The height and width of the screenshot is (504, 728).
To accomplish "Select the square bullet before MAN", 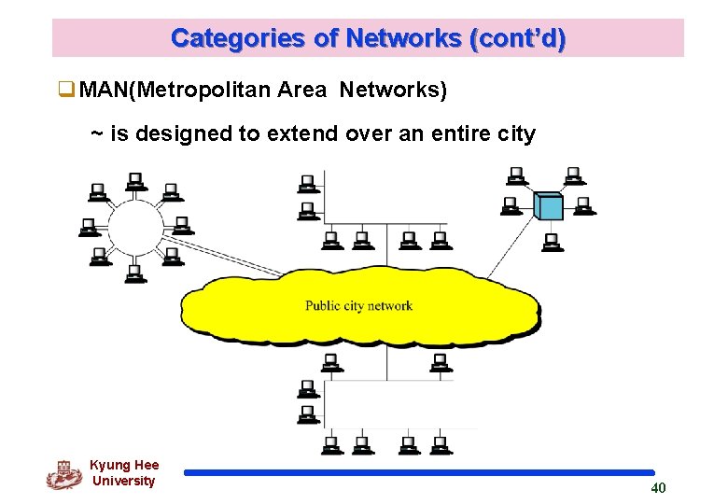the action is tap(65, 91).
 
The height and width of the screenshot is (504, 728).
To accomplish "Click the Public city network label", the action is tap(358, 306).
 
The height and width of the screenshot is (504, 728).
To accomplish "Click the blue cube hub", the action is tap(549, 205).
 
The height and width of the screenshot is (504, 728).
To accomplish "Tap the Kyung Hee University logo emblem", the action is tap(63, 475).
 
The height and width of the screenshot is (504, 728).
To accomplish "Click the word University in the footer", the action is tap(124, 482).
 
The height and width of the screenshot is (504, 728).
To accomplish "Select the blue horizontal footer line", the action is tap(420, 473).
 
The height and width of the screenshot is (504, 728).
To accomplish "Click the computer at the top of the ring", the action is tap(136, 179).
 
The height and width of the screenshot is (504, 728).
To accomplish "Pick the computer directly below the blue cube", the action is tap(552, 242).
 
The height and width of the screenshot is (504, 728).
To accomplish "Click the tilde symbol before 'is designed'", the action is tap(96, 133).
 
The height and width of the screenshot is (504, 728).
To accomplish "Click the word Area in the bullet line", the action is tap(301, 91).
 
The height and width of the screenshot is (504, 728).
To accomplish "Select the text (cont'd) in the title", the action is tap(518, 38).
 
